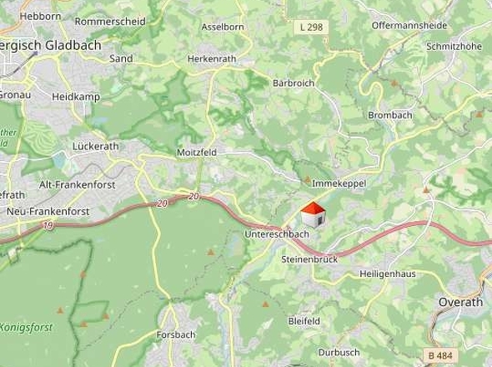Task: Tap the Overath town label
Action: pyautogui.click(x=460, y=302)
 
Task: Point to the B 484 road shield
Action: pyautogui.click(x=443, y=355)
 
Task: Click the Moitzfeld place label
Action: pyautogui.click(x=196, y=153)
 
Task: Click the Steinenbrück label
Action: pyautogui.click(x=309, y=260)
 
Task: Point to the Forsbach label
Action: pyautogui.click(x=175, y=334)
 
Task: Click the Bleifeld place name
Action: pyautogui.click(x=304, y=320)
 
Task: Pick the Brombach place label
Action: pyautogui.click(x=388, y=115)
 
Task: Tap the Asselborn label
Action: pyautogui.click(x=221, y=27)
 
